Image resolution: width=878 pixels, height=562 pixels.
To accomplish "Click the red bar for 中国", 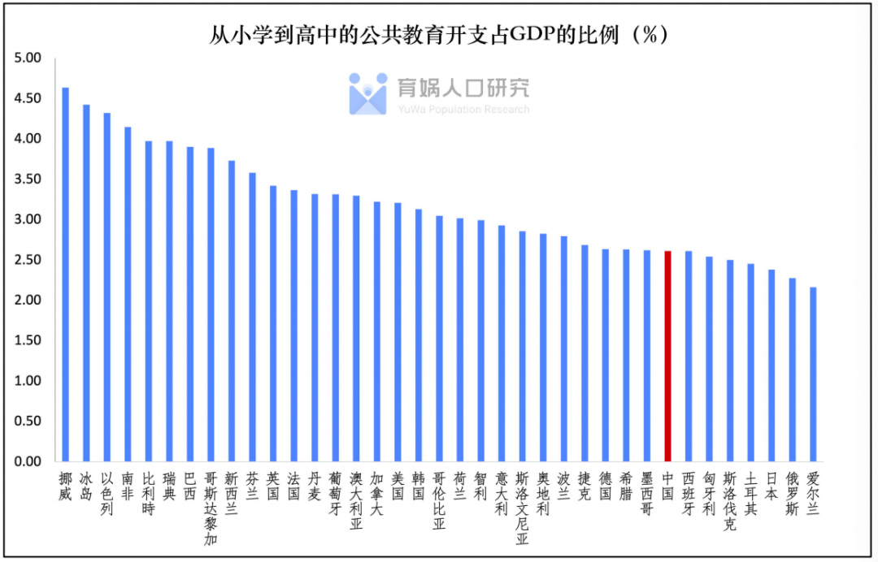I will pos(667,357).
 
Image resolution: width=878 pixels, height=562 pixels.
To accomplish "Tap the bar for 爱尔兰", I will pos(813,374).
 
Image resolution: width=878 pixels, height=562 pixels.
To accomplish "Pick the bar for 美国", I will pos(398,332).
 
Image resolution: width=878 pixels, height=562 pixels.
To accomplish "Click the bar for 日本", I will pos(772,365).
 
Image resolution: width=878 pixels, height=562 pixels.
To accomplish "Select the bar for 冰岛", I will pos(86,283).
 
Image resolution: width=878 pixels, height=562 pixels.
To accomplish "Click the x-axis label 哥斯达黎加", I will pos(211,508).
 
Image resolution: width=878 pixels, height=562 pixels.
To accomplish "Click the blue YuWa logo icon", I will pos(367,93).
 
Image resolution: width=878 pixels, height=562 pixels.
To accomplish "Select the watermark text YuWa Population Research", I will pos(463,110).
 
